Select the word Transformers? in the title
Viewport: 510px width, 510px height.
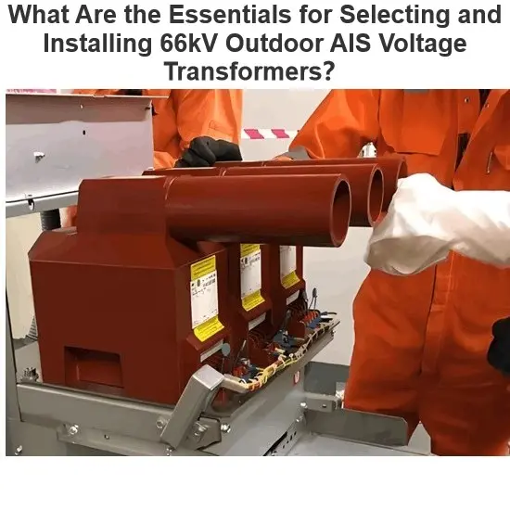(249, 71)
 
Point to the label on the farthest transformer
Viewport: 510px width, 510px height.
(288, 265)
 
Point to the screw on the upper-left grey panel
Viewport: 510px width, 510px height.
(39, 157)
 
